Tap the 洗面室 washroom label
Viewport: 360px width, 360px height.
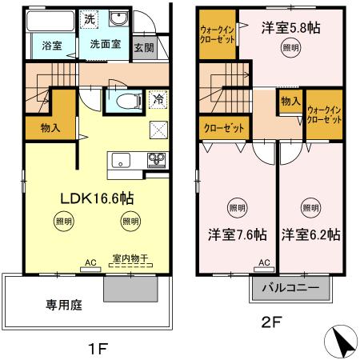[105, 45]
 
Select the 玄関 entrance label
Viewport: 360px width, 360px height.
[144, 47]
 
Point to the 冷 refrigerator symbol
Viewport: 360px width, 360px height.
[157, 101]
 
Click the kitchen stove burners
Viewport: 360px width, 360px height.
[154, 158]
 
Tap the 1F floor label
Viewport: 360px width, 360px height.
[98, 347]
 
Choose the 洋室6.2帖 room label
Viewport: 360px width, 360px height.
[310, 235]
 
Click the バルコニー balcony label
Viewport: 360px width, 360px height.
[291, 288]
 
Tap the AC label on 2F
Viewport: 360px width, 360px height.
[264, 262]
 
